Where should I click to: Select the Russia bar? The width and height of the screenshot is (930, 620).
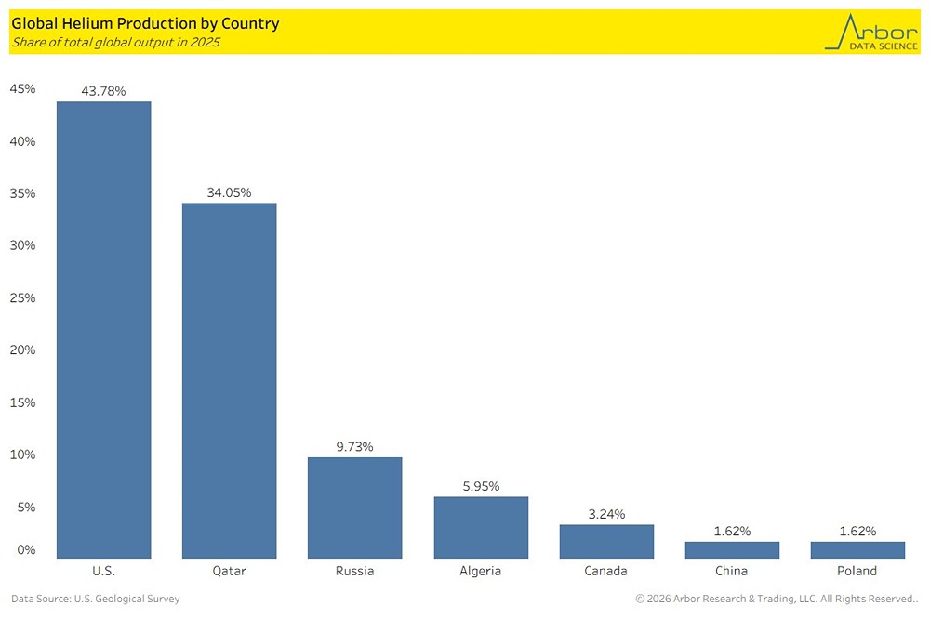tap(354, 508)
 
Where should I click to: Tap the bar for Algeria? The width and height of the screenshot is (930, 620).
tap(481, 527)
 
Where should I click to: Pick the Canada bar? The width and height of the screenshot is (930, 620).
tap(606, 541)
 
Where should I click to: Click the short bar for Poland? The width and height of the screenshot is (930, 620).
tap(857, 549)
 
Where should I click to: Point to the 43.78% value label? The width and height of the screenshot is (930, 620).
tap(103, 90)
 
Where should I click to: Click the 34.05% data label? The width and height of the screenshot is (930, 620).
tap(229, 192)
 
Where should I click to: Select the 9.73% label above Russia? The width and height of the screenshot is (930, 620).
tap(354, 446)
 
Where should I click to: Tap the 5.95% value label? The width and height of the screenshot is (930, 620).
tap(481, 486)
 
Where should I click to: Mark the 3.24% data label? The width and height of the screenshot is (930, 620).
tap(606, 514)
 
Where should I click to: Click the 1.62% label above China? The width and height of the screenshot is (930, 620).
tap(732, 531)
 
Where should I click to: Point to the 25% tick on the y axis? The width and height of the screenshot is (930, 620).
tap(22, 297)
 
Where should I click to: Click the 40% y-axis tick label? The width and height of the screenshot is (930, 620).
tap(22, 141)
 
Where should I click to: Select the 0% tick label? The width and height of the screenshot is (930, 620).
tap(26, 549)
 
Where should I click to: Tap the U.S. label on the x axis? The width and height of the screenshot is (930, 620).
tap(103, 571)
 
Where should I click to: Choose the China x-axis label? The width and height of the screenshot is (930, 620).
tap(732, 571)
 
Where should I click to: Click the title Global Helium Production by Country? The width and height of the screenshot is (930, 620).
tap(145, 23)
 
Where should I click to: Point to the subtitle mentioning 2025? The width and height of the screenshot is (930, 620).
tap(115, 43)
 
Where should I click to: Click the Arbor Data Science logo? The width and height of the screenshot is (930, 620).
tap(871, 32)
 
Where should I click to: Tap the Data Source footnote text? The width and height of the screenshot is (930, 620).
tap(96, 600)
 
